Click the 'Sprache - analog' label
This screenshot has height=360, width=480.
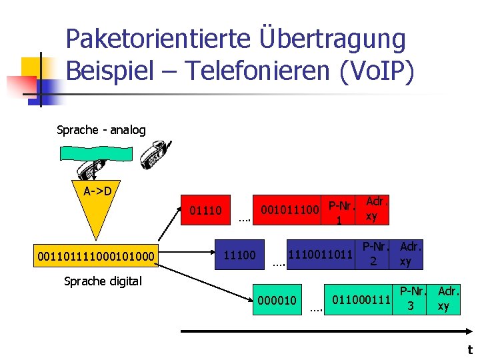(x=101, y=130)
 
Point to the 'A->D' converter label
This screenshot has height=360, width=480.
(x=97, y=191)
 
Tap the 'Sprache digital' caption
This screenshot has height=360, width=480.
(x=103, y=281)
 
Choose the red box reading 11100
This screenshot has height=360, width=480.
(x=239, y=255)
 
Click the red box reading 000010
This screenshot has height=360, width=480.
(x=277, y=301)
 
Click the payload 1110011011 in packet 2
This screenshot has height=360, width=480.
(x=319, y=254)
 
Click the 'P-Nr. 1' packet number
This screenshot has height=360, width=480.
(x=340, y=211)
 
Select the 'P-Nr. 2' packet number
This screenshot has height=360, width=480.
(x=375, y=254)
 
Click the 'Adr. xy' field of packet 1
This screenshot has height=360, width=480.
(x=373, y=209)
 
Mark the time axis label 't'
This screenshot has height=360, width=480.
(x=469, y=349)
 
